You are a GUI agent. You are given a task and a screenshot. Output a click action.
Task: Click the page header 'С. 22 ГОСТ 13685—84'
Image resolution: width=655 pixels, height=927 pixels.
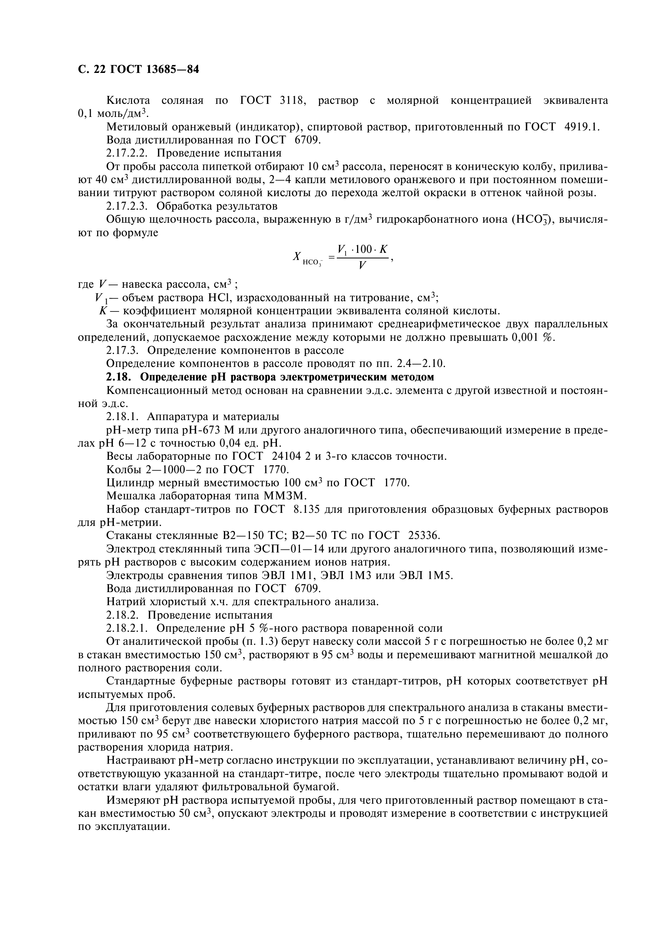[x=138, y=70]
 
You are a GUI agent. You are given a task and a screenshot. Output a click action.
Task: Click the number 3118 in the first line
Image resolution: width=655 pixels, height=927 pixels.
[x=291, y=101]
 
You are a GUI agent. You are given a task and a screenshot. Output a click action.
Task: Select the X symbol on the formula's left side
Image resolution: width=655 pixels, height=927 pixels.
[x=297, y=257]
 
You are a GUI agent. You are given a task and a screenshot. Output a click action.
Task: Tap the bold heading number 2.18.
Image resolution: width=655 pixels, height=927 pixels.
[x=118, y=377]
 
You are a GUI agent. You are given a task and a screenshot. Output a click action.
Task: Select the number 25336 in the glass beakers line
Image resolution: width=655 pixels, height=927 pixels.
[x=424, y=536]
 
